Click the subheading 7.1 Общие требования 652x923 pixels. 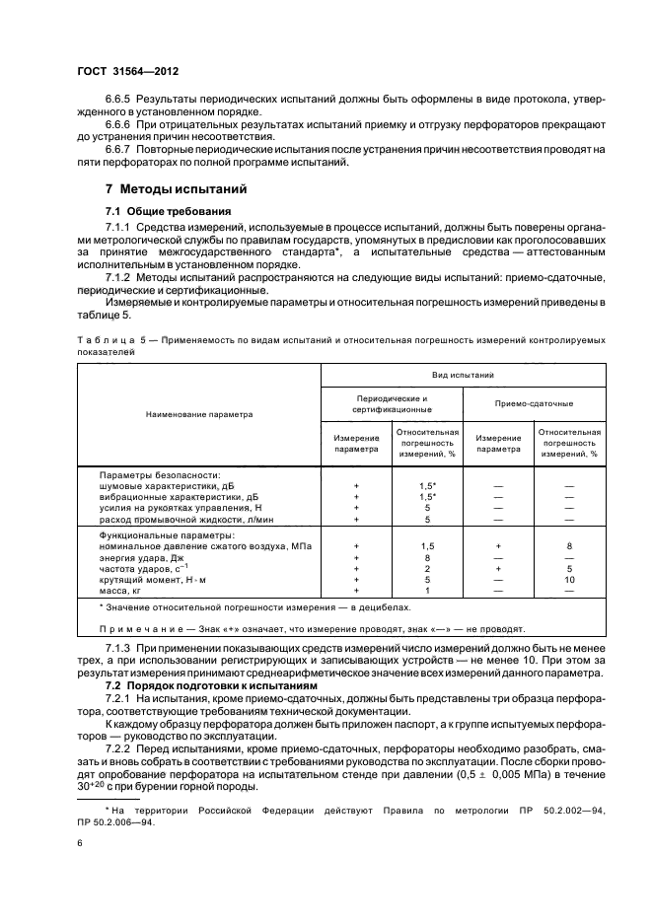(x=168, y=211)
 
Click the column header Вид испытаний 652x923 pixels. (x=463, y=376)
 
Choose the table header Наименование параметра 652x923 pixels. (x=199, y=414)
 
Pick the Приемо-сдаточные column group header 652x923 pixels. (x=534, y=403)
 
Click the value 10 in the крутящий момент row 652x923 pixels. (x=569, y=580)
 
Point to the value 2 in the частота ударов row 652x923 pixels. (x=427, y=569)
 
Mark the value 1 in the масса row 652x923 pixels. (x=427, y=591)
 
